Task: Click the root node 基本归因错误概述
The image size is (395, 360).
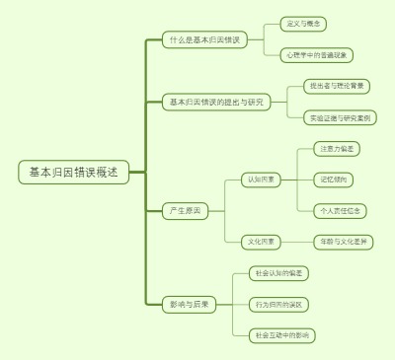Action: (73, 173)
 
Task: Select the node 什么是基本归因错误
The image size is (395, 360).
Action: (203, 39)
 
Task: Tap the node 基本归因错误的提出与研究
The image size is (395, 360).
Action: (216, 102)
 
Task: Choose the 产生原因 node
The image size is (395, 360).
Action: (185, 210)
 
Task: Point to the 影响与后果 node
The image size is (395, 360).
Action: (189, 304)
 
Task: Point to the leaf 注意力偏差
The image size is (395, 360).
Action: (338, 149)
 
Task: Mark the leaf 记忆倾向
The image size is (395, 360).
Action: (333, 180)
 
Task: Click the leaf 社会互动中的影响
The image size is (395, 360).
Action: (282, 335)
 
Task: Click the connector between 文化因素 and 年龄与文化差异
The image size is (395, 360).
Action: (295, 241)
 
